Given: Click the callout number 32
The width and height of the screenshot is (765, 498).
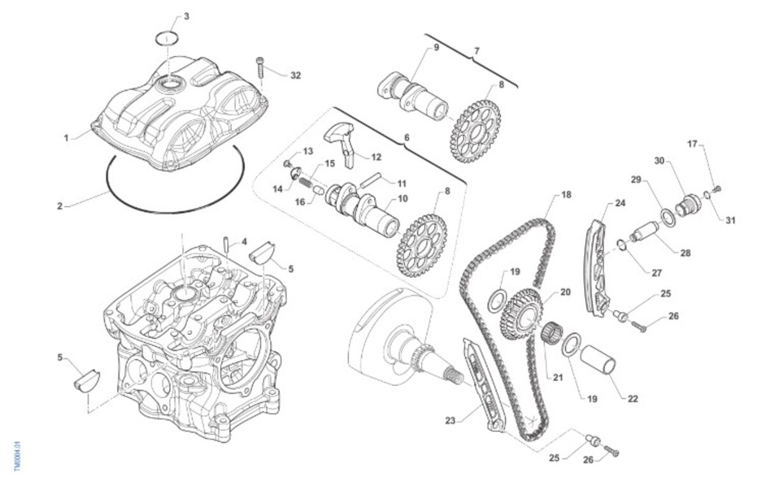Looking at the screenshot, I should pos(295,75).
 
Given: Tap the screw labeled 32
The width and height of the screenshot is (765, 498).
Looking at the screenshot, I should pos(261,66).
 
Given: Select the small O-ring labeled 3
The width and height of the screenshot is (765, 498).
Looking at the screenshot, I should pos(166,37).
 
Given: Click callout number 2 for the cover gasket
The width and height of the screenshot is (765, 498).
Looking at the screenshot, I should pos(60,206).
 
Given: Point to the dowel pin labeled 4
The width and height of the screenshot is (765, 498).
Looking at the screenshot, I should pos(226,245).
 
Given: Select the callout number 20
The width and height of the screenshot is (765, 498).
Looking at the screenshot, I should pos(565,292).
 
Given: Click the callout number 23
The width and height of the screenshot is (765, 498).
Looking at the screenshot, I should pos(450,421).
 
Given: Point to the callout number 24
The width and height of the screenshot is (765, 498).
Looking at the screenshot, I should pos(620,203).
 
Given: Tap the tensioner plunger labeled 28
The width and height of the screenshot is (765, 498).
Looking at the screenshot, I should pos(645,231).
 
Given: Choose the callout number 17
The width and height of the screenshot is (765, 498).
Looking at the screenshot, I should pos(693,144).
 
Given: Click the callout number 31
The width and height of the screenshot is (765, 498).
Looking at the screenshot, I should pos(730,221).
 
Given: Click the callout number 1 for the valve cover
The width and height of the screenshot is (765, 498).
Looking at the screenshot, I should pos(66,136).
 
